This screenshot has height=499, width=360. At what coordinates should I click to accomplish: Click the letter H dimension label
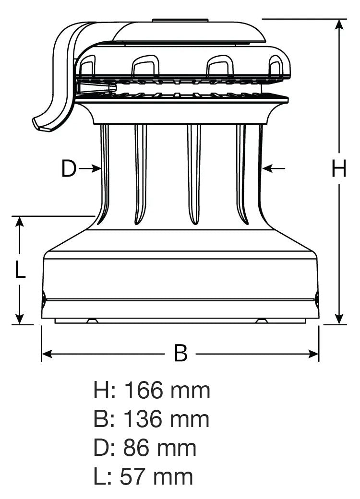(x=339, y=169)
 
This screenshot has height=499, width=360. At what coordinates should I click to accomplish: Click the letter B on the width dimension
(x=180, y=354)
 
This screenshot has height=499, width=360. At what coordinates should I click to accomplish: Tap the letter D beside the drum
(x=69, y=169)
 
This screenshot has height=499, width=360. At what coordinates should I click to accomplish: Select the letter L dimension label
(x=20, y=270)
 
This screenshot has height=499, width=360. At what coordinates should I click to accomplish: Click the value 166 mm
(x=167, y=391)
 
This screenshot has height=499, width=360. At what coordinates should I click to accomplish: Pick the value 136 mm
(x=167, y=419)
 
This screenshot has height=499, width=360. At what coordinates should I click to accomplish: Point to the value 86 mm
(x=160, y=448)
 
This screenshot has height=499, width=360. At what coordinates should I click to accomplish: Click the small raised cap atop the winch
(x=180, y=20)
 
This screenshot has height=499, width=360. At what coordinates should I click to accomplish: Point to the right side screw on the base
(x=317, y=298)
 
